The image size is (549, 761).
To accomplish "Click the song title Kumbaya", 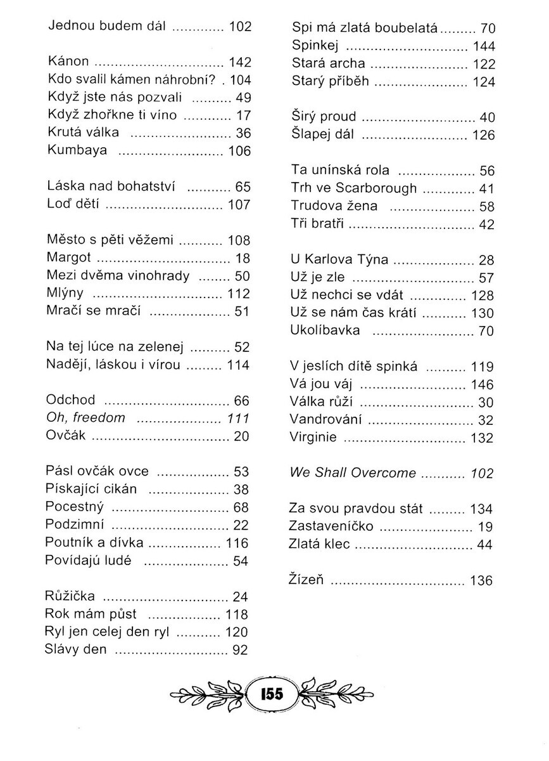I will (78, 151).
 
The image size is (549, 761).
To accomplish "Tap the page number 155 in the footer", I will (272, 693).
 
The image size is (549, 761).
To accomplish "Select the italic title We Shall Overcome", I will (353, 473).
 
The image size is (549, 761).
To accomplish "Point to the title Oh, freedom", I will (85, 418).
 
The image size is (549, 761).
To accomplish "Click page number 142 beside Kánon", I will (241, 62).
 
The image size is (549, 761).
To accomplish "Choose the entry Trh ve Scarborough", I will (354, 188).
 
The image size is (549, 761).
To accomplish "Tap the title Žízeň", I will (307, 580).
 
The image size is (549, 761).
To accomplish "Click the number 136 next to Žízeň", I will (481, 580).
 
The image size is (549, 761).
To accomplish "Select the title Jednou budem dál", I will (106, 27).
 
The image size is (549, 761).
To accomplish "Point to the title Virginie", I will (313, 437).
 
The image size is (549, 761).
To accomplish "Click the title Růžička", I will (71, 596).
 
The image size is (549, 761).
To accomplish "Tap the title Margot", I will (69, 258).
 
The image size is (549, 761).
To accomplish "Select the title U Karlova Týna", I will (339, 260).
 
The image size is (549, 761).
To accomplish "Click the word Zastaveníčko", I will (331, 526).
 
